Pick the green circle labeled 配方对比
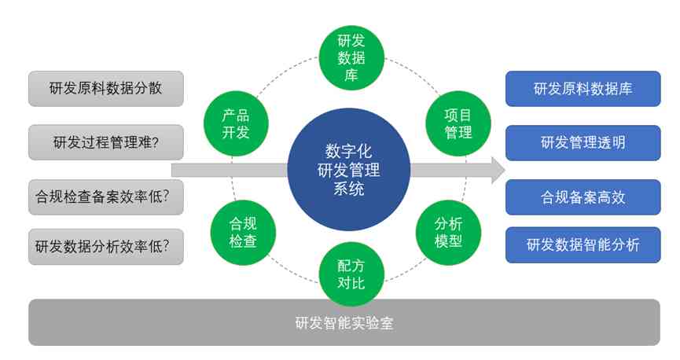click(x=351, y=274)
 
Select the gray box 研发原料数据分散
click(x=105, y=88)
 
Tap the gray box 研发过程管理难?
click(x=105, y=142)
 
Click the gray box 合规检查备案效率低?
click(x=105, y=197)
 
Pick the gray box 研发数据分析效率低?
click(x=105, y=246)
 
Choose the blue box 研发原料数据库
click(x=583, y=88)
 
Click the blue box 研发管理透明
click(x=583, y=142)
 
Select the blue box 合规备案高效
click(x=583, y=197)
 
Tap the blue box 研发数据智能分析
click(x=583, y=245)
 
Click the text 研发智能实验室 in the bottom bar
click(x=344, y=322)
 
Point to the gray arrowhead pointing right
click(x=497, y=170)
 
